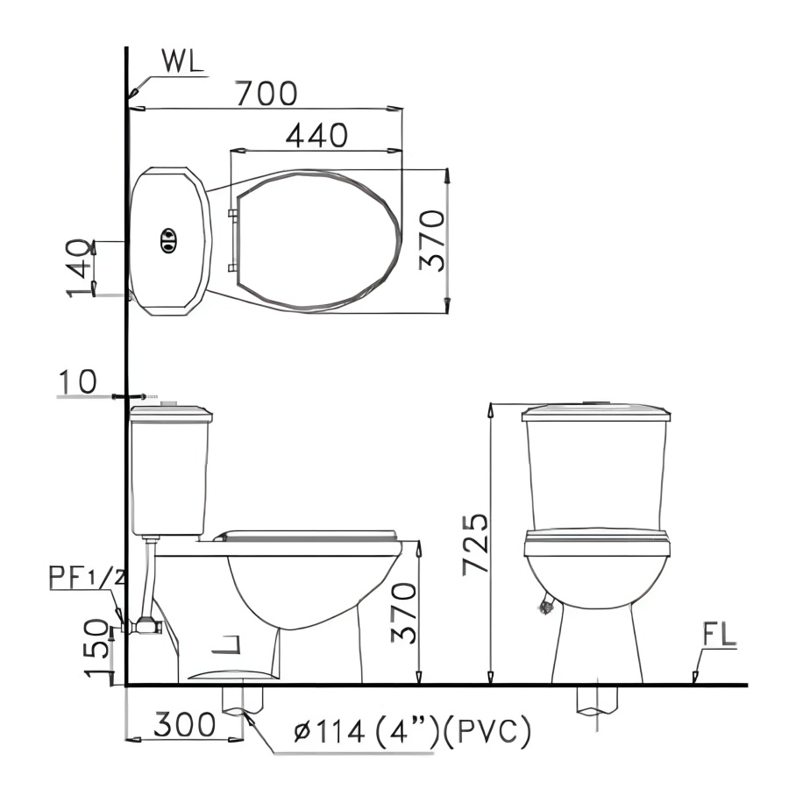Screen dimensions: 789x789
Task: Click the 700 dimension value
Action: [x=267, y=93]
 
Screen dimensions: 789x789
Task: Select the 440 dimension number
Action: [x=316, y=135]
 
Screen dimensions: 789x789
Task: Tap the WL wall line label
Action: [x=182, y=60]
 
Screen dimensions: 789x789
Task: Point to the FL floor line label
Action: [x=719, y=634]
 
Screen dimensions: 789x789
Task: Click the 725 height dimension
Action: [x=475, y=544]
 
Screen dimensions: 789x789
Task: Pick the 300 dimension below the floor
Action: [x=184, y=725]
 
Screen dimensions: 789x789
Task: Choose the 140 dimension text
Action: [x=80, y=268]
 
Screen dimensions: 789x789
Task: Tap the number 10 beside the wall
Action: [x=77, y=381]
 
